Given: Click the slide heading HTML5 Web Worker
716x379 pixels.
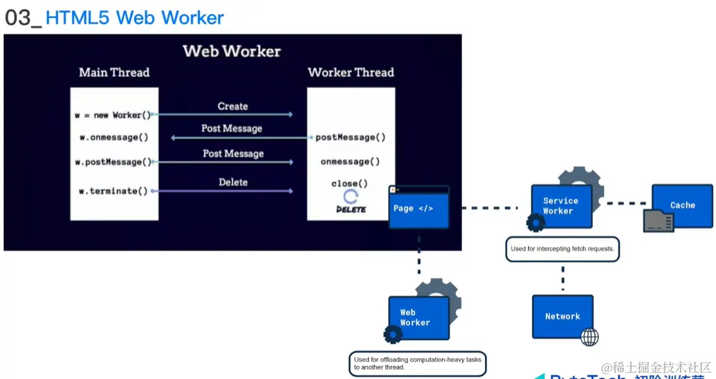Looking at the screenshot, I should (134, 17).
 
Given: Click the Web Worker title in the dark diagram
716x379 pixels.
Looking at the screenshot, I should (232, 51).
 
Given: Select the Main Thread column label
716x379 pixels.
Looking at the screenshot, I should (114, 73).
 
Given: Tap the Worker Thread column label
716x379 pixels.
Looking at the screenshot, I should (351, 73).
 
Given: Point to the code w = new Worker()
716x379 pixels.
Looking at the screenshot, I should (113, 115).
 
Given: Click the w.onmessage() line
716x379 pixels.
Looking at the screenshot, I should (114, 137).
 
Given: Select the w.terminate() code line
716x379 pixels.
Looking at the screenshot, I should (114, 191).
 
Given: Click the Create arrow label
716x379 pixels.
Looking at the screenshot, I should (232, 107).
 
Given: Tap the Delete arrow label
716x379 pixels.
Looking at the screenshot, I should (233, 183).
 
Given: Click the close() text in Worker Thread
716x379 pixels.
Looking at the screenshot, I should (349, 184).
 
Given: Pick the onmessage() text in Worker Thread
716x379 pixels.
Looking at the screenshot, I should (350, 162).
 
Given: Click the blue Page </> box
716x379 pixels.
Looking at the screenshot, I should (419, 208).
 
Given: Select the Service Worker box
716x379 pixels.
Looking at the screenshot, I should (561, 206).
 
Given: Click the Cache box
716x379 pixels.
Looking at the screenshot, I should (681, 205).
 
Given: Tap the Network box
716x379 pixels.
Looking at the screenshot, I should (562, 316).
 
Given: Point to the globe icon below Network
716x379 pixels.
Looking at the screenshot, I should (589, 337).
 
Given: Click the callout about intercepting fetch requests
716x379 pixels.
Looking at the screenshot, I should (562, 249).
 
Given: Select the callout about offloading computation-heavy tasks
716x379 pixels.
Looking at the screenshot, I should (416, 363).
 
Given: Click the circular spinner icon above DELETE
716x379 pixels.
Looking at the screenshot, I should (351, 197).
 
